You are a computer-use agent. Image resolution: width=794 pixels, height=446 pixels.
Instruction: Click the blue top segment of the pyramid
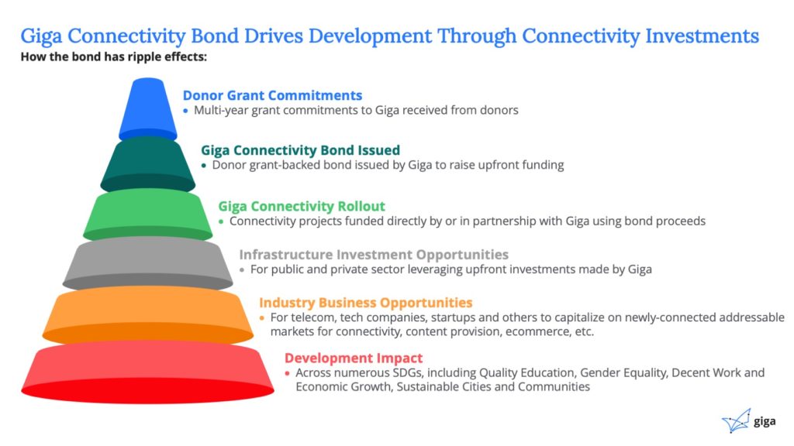148,108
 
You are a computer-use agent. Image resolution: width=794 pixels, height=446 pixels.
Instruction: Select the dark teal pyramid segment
148,164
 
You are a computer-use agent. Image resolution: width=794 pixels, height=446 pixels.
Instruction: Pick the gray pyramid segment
148,263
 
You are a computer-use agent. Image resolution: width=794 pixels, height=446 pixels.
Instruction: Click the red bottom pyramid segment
148,372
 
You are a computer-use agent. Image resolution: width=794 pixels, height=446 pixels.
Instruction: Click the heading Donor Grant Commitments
272,95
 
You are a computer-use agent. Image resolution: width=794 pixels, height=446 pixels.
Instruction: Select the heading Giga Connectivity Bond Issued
300,150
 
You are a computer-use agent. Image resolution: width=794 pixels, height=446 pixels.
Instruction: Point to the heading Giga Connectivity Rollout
302,206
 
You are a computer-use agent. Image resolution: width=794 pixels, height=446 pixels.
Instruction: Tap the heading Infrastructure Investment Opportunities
374,254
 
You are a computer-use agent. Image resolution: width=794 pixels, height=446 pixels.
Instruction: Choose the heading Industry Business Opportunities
366,303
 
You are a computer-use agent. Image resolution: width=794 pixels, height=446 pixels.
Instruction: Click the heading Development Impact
354,358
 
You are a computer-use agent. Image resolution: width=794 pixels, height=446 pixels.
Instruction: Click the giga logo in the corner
749,420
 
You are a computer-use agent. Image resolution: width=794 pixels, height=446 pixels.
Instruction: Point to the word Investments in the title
702,36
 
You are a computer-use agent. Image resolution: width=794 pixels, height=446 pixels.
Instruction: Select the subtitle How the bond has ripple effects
114,57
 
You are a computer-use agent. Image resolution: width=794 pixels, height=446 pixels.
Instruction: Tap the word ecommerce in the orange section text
536,331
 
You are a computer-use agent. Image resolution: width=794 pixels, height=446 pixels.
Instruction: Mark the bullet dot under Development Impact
287,373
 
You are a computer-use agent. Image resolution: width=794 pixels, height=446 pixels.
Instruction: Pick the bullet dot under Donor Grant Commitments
186,111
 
